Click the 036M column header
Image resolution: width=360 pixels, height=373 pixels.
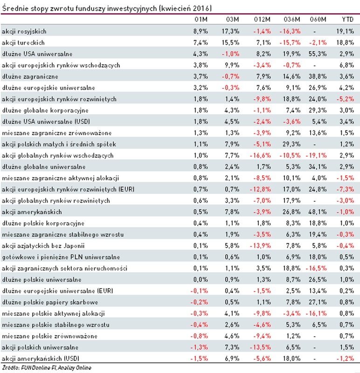[290, 20]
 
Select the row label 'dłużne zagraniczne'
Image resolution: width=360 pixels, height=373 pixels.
[24, 76]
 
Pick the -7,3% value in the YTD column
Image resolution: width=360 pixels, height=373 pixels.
[346, 189]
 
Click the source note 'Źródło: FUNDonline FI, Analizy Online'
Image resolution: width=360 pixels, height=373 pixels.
[46, 368]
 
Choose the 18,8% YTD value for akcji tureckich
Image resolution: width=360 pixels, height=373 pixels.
[346, 42]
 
